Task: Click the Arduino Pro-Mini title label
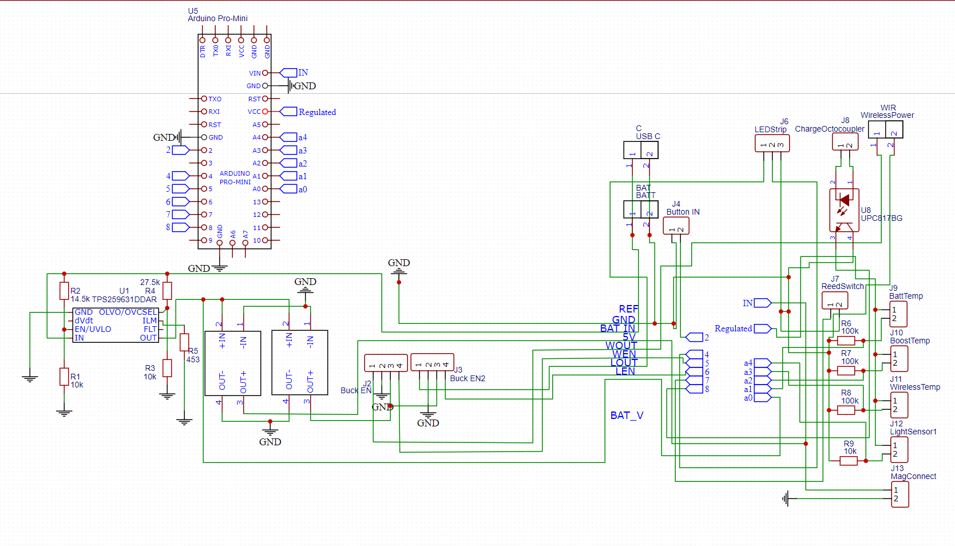pyautogui.click(x=217, y=18)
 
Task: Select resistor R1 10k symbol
pyautogui.click(x=64, y=377)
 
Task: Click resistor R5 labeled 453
pyautogui.click(x=184, y=342)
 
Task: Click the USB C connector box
pyautogui.click(x=641, y=150)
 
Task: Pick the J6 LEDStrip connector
pyautogui.click(x=772, y=143)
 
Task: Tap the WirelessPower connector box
pyautogui.click(x=885, y=130)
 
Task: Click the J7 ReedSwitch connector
pyautogui.click(x=835, y=300)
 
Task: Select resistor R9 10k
pyautogui.click(x=849, y=461)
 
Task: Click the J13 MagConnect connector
pyautogui.click(x=899, y=494)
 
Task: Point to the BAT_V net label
pyautogui.click(x=627, y=416)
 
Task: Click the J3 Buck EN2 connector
pyautogui.click(x=432, y=362)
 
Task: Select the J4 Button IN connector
pyautogui.click(x=676, y=226)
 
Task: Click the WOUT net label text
pyautogui.click(x=621, y=346)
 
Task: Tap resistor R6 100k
pyautogui.click(x=846, y=341)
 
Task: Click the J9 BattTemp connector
pyautogui.click(x=898, y=314)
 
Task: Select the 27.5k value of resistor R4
pyautogui.click(x=150, y=282)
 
